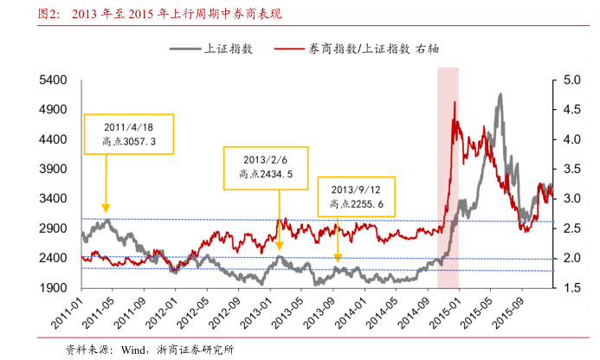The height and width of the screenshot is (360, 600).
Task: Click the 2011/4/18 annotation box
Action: (129, 133)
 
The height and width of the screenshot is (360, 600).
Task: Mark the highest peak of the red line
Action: (455, 102)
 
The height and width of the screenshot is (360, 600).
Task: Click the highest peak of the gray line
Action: (500, 94)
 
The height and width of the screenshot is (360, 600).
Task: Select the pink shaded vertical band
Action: (448, 173)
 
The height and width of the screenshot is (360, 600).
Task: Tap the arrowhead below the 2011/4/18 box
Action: (106, 208)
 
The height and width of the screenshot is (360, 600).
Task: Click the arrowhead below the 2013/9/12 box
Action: (338, 257)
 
